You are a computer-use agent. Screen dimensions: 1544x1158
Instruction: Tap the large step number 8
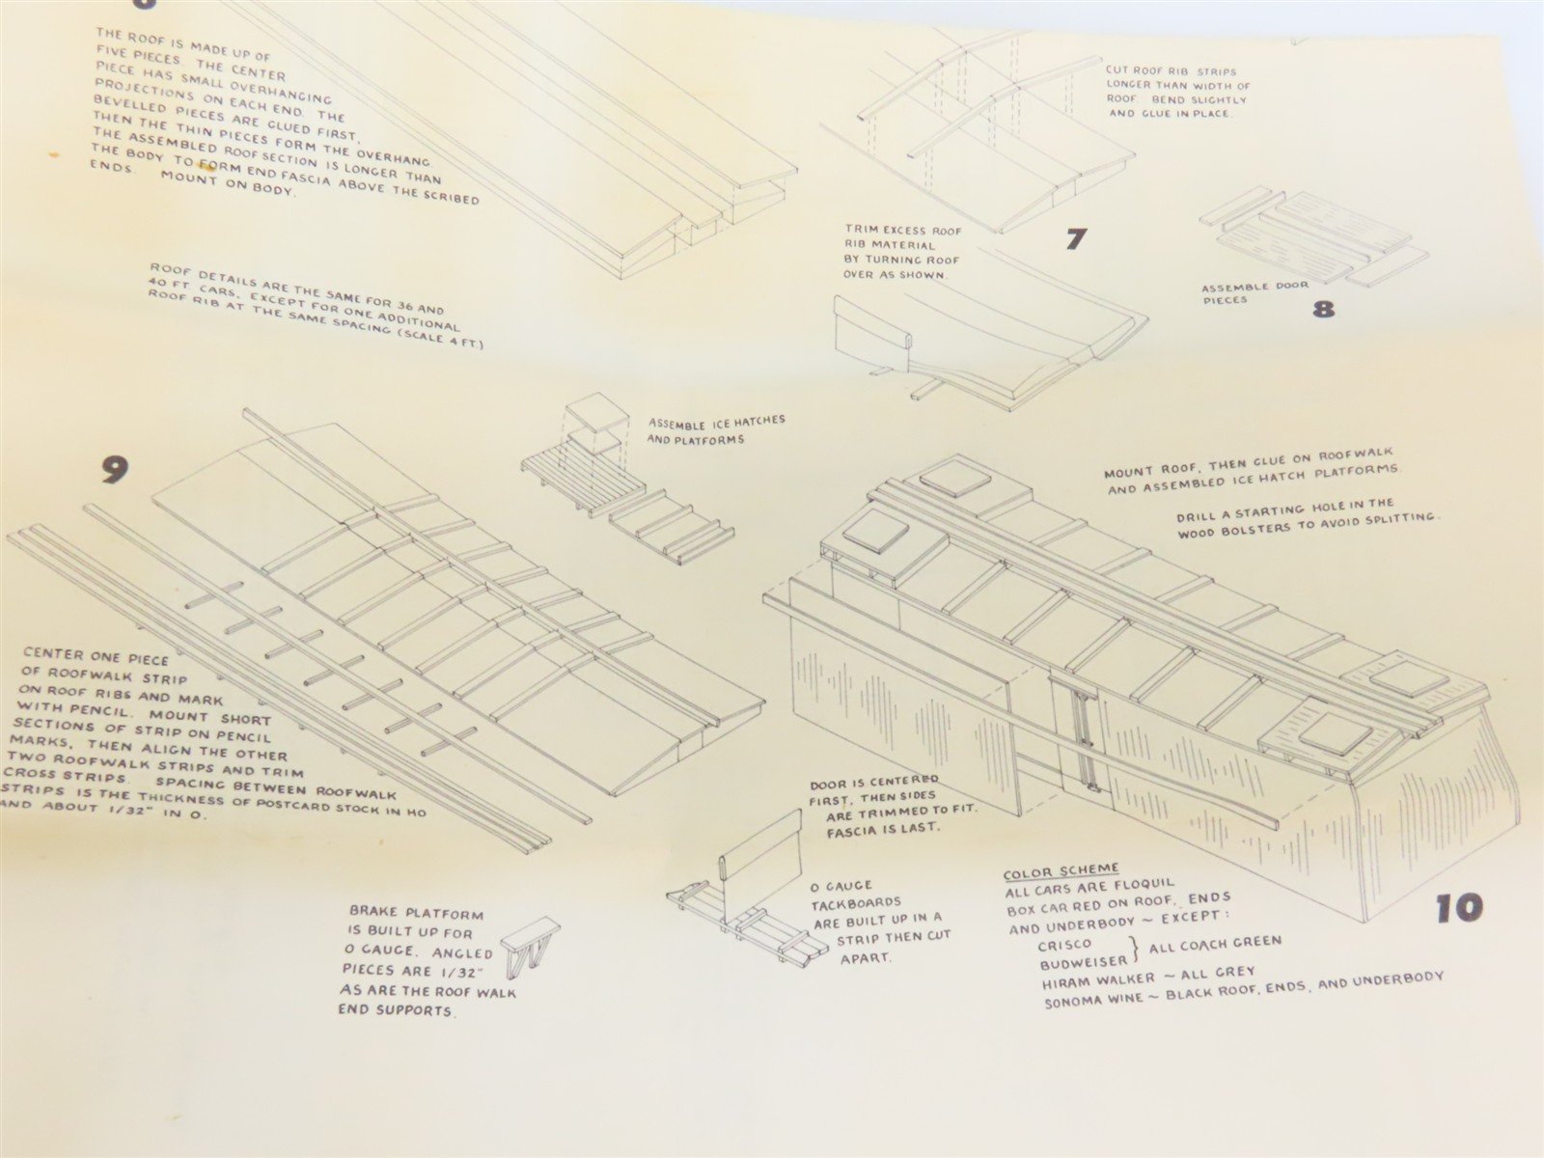(x=1322, y=309)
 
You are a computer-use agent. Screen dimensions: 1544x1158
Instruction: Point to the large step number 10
(x=1459, y=908)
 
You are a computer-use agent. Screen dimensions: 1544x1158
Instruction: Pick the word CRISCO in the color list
(x=1065, y=945)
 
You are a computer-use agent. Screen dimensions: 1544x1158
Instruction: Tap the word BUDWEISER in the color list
(x=1084, y=961)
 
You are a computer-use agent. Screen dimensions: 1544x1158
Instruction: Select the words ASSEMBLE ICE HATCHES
(x=716, y=423)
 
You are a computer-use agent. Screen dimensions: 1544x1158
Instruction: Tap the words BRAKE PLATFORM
(x=417, y=913)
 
